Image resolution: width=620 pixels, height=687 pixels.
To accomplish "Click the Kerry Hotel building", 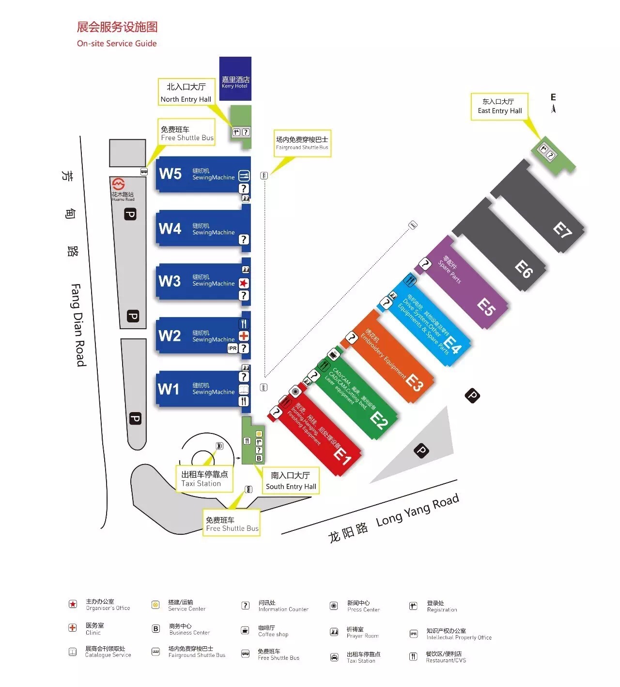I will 235,79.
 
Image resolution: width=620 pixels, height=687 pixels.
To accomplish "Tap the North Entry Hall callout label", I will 186,93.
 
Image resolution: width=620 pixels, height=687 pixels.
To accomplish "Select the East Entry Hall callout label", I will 499,106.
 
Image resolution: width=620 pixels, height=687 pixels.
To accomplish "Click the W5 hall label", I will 170,174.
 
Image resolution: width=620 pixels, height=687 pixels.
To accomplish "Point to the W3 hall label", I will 169,281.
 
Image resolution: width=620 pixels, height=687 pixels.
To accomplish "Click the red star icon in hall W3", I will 244,283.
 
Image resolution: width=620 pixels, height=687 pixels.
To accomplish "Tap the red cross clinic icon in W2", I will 244,336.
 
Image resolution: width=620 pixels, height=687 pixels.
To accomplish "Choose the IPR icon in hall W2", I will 232,348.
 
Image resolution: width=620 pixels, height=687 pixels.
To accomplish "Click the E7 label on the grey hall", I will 562,230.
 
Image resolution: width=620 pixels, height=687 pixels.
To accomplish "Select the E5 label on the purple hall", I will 486,307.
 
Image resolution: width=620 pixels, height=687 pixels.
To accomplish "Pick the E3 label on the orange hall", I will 414,383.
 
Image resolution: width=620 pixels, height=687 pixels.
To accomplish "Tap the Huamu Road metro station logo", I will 119,184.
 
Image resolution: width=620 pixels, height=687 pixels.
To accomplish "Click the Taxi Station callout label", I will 204,479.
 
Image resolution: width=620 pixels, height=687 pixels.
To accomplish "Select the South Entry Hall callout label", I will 291,481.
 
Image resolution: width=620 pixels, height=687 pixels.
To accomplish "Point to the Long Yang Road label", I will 417,510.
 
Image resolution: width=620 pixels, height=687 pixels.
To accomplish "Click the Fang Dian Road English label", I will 78,325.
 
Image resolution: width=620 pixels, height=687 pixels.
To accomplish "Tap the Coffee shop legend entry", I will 273,631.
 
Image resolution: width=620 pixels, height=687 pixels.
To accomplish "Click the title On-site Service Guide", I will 117,43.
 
